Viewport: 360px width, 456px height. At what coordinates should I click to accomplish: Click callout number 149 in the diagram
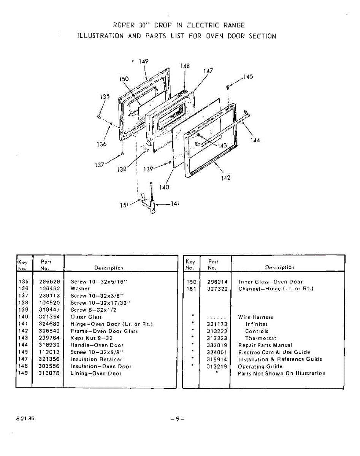[x=143, y=61]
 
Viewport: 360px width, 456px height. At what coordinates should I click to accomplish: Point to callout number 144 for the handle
[x=255, y=140]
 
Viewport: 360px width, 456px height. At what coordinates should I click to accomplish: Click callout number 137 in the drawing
[x=99, y=165]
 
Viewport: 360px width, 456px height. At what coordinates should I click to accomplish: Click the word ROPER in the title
[x=124, y=25]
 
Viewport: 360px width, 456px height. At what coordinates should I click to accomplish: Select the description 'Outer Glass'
[x=86, y=317]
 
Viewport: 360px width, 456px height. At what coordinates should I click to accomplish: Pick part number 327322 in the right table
[x=217, y=289]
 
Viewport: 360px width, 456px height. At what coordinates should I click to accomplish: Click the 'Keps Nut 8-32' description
[x=91, y=338]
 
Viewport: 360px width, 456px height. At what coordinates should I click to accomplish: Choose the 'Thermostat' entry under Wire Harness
[x=260, y=338]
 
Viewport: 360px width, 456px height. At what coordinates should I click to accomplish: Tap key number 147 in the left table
[x=23, y=359]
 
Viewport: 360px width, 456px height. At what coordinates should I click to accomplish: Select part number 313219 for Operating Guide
[x=217, y=367]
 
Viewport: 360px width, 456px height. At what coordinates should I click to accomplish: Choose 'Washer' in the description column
[x=80, y=289]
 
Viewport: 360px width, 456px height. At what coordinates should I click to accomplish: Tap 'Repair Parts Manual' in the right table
[x=265, y=345]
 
